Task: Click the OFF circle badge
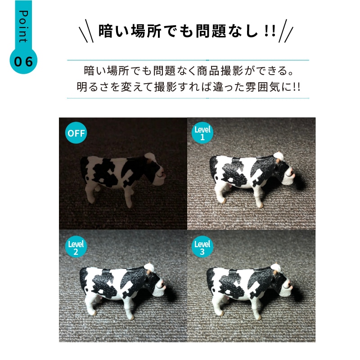pyautogui.click(x=76, y=133)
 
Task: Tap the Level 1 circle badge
pyautogui.click(x=202, y=133)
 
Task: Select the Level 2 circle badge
pyautogui.click(x=76, y=247)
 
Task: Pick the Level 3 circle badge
pyautogui.click(x=202, y=247)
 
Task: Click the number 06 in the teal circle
pyautogui.click(x=23, y=62)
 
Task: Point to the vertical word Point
pyautogui.click(x=23, y=27)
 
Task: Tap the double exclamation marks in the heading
pyautogui.click(x=270, y=31)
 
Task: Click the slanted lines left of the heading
pyautogui.click(x=86, y=31)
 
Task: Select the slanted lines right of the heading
pyautogui.click(x=286, y=31)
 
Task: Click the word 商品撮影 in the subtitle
pyautogui.click(x=220, y=71)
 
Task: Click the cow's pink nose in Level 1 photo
pyautogui.click(x=292, y=172)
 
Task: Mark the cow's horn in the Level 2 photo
pyautogui.click(x=149, y=271)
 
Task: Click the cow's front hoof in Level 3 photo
pyautogui.click(x=258, y=317)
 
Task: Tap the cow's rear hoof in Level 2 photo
pyautogui.click(x=94, y=313)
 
